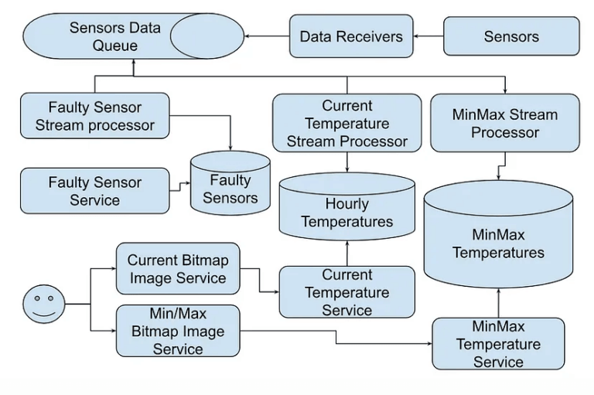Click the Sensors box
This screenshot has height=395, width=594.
tap(511, 36)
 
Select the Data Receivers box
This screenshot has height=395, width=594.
tap(351, 36)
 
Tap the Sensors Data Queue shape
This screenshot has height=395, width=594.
tap(116, 36)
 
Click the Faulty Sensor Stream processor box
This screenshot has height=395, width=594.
tap(95, 116)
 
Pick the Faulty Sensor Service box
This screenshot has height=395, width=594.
tap(95, 191)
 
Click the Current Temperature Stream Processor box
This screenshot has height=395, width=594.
tap(346, 123)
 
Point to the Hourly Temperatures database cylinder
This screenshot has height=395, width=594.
tap(346, 213)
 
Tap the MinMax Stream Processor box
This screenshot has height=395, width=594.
tap(504, 123)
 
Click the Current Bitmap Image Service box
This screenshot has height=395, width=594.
tap(177, 269)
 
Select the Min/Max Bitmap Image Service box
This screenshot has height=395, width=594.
tap(177, 331)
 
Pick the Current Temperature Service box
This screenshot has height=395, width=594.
tap(346, 292)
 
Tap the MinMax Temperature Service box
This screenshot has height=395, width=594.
tap(498, 343)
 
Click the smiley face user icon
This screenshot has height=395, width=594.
tap(43, 304)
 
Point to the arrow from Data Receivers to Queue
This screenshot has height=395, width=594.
tap(264, 36)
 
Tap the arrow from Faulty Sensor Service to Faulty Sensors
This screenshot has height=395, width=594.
tap(180, 186)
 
